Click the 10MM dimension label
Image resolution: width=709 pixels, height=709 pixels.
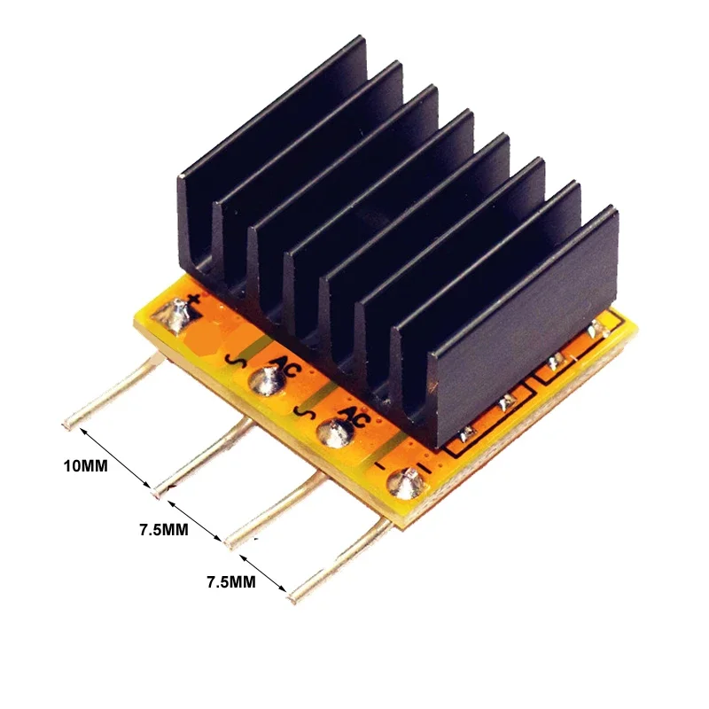click(x=85, y=465)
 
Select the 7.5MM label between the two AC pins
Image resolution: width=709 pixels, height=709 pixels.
click(x=163, y=530)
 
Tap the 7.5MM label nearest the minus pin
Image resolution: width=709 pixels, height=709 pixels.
click(x=230, y=582)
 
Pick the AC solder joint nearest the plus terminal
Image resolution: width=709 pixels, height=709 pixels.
click(x=265, y=382)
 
